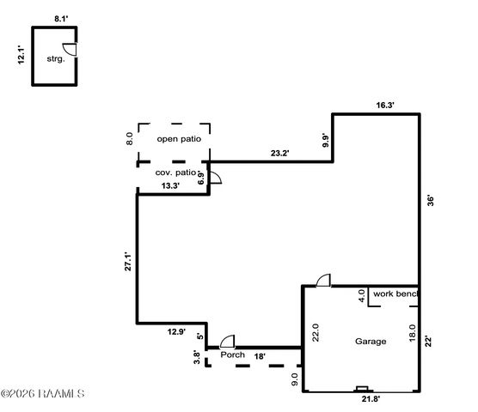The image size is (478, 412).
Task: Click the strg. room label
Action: point(56,58)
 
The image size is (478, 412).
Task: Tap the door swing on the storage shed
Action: point(70,50)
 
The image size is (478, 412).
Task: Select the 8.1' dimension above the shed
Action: point(61,19)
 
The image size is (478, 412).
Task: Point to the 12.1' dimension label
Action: point(21,55)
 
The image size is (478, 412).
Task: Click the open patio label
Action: point(179,139)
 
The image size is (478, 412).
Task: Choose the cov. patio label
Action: point(175,173)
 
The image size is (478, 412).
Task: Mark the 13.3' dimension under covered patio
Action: point(170,185)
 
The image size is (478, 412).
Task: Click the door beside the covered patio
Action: point(215,178)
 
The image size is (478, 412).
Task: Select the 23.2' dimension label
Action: point(280,153)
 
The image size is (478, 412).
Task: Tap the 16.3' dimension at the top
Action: point(385,106)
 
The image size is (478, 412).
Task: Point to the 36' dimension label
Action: point(430,201)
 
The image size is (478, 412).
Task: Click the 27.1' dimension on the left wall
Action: point(128,262)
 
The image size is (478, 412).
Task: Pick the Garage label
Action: point(371,342)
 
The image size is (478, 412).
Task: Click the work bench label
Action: point(395,294)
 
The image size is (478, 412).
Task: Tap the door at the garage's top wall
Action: point(323,280)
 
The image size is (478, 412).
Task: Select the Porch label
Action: point(233,354)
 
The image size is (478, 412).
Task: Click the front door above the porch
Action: point(228,342)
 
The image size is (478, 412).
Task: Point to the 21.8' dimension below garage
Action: point(371,398)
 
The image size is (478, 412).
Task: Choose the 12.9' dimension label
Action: point(176,331)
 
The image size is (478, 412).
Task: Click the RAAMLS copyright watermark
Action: point(43,393)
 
